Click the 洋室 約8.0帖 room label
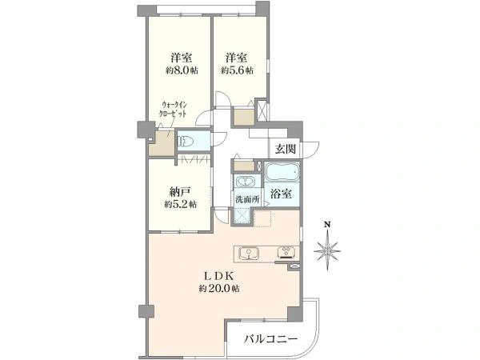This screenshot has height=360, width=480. click(x=182, y=64)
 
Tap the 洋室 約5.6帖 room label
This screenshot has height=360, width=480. click(x=238, y=64)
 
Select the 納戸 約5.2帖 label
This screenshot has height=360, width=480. click(x=181, y=198)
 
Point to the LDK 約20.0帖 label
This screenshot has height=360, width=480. click(x=219, y=282)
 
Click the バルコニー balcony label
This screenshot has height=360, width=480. click(x=271, y=339)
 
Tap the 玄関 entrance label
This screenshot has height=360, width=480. click(x=286, y=150)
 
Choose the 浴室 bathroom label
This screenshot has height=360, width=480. click(x=281, y=194)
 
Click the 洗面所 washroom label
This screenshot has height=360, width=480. click(x=247, y=199)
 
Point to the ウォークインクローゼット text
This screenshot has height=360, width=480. click(x=173, y=109)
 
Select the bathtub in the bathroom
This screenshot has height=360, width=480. click(x=282, y=172)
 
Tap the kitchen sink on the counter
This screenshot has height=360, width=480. click(x=249, y=254)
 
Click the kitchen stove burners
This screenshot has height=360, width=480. click(x=287, y=252)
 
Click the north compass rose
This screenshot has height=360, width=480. click(x=327, y=250)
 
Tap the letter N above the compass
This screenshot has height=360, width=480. click(x=327, y=224)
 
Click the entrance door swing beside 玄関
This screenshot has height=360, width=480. click(x=310, y=150)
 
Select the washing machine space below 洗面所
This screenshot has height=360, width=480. click(x=242, y=216)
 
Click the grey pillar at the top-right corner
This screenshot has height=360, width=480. click(x=262, y=9)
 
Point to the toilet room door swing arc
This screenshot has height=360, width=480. click(x=219, y=140)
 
